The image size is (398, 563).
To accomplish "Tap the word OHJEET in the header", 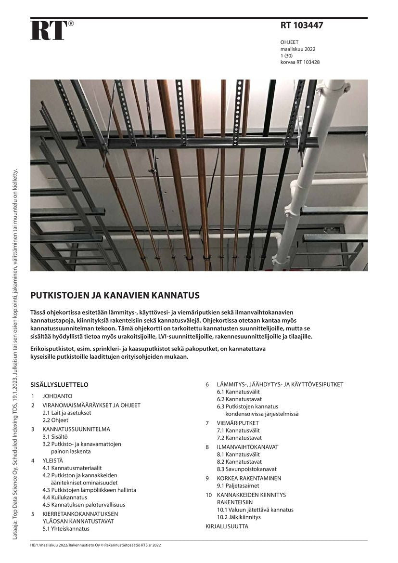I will pos(290,42).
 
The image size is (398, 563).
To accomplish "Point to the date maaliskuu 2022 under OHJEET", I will pos(298,49).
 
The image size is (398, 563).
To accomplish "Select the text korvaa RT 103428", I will pos(300,62).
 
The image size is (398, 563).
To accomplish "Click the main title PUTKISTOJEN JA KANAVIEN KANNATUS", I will pos(115,295).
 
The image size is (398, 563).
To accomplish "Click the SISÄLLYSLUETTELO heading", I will pos(59,385).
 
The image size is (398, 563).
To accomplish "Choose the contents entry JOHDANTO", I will pos(57,396).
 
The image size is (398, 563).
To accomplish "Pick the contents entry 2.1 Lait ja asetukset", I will pos(66,413).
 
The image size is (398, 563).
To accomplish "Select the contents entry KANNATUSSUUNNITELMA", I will pos(76,429).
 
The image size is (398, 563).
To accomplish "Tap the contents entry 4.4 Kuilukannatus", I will pos(64,497).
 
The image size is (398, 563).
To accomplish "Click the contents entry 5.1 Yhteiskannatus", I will pos(66,528).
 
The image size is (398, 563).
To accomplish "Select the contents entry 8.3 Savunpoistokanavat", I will pos(246,469).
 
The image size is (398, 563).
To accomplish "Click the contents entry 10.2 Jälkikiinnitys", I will pos(239,517).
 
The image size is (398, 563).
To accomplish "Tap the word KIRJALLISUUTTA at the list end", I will pos(227,526).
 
